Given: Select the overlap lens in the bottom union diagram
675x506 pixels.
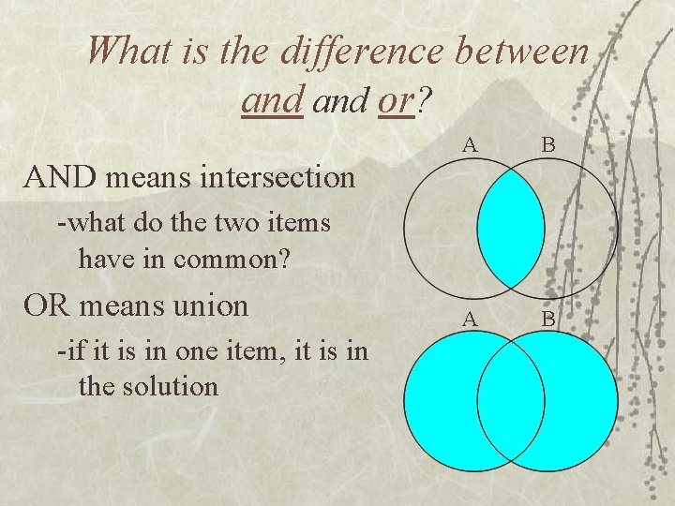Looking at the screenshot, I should point(511,403).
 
